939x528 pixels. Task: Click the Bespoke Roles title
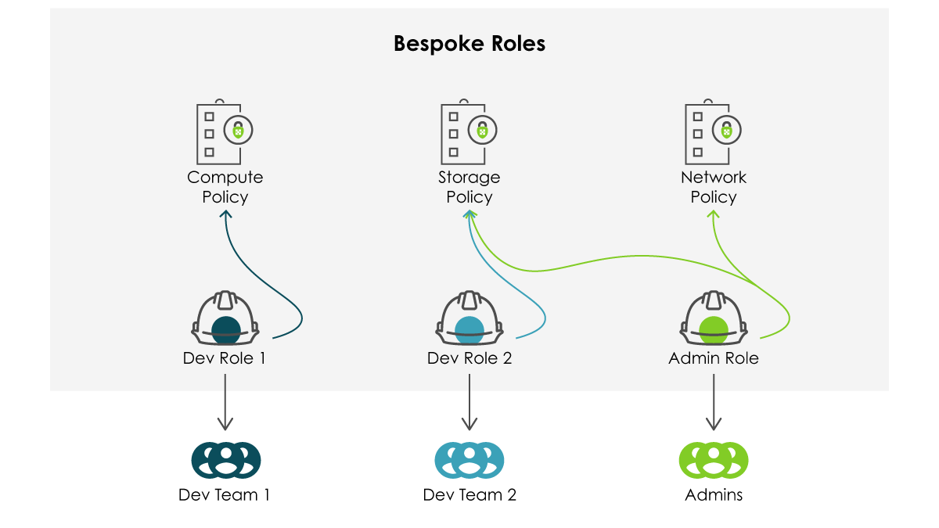469,43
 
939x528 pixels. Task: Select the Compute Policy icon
225,131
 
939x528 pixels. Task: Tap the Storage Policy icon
469,131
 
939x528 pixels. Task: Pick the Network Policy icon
713,131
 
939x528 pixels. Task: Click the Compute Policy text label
225,187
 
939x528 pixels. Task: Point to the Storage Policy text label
469,187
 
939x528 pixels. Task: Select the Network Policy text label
714,187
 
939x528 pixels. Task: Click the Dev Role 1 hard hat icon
225,318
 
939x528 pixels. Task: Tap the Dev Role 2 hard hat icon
469,318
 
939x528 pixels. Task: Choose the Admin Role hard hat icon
714,318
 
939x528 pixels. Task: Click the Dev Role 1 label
225,358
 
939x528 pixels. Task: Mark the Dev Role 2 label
469,358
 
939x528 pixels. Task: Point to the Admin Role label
714,358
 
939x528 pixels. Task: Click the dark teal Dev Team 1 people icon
225,460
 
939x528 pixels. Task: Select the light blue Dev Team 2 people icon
469,460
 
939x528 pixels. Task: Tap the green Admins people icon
714,460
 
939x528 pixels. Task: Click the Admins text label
714,495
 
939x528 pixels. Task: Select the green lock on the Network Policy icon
728,131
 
